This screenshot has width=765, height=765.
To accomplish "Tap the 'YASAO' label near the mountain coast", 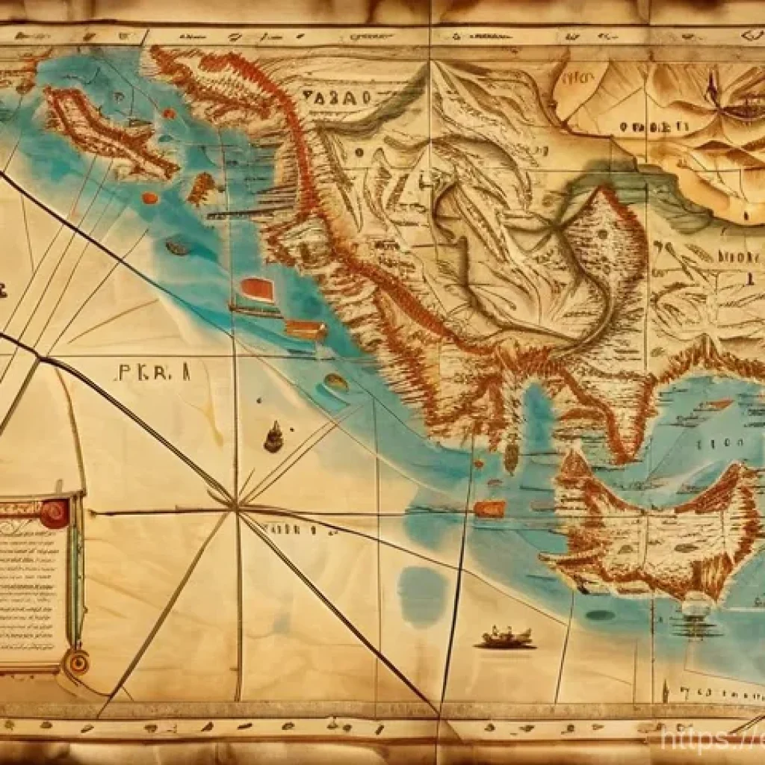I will click(x=337, y=97).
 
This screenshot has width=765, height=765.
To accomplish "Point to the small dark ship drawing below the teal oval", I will click(x=274, y=437).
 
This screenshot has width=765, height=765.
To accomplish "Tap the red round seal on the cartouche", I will click(x=55, y=513).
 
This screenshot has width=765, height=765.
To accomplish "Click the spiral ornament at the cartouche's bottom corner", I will click(x=76, y=660).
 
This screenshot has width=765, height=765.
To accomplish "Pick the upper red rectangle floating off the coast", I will click(x=258, y=290).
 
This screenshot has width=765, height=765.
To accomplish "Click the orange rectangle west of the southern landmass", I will click(x=489, y=509).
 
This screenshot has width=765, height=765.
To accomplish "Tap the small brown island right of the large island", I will click(x=200, y=188).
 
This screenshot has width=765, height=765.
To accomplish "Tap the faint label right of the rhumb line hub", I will click(x=299, y=528).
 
